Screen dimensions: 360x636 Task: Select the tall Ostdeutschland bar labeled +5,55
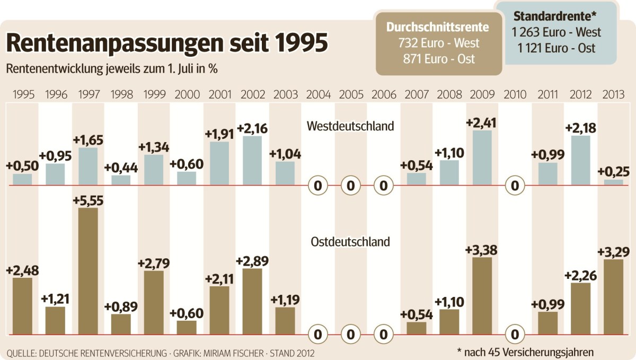88,271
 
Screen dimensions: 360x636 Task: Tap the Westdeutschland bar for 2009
481,157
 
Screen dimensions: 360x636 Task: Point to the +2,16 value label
252,128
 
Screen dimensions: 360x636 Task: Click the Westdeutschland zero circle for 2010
514,186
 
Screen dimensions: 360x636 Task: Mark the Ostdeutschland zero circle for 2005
350,335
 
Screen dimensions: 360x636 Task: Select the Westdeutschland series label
350,126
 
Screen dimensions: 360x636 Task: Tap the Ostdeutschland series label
350,242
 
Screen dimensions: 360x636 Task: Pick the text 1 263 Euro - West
556,32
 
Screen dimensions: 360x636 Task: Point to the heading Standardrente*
556,16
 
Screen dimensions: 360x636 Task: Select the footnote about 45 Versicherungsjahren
525,352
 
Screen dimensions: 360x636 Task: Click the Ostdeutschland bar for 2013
613,297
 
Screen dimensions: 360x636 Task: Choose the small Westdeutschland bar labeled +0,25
614,182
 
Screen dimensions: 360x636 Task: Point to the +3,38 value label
481,249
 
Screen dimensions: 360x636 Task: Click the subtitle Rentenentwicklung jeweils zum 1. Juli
112,69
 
